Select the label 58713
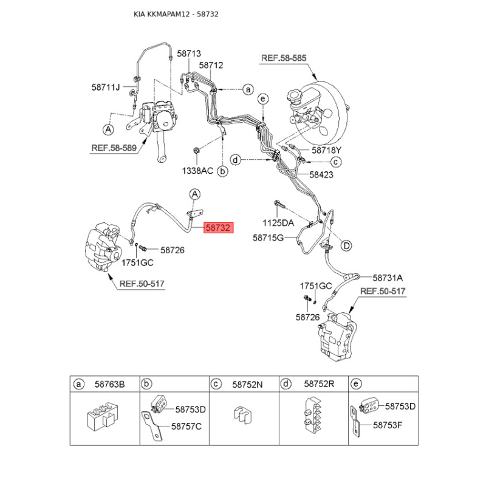189,53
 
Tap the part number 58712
211,65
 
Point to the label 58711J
106,87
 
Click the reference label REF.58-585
284,58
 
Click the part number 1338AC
198,172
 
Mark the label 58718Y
327,150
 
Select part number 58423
321,174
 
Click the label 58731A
388,277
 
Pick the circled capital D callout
346,245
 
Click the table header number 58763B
109,384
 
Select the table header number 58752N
247,384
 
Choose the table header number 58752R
320,384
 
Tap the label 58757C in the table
185,426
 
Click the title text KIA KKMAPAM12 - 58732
176,13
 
